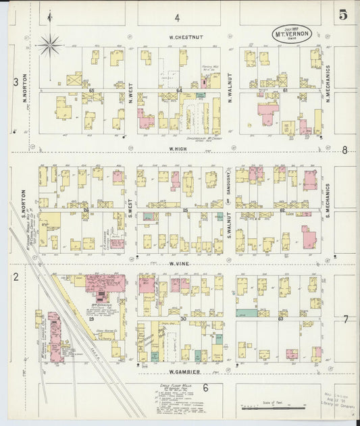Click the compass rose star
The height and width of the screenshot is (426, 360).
(x=49, y=46)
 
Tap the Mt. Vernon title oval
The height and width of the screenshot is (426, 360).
(x=292, y=33)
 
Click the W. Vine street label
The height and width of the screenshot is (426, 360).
(x=178, y=263)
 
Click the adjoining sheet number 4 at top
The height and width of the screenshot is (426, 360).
(x=178, y=18)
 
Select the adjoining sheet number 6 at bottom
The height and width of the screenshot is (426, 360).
(x=205, y=387)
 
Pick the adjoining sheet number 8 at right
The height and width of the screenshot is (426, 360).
(x=344, y=151)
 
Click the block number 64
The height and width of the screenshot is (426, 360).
(x=179, y=90)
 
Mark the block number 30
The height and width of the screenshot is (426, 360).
(x=182, y=318)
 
